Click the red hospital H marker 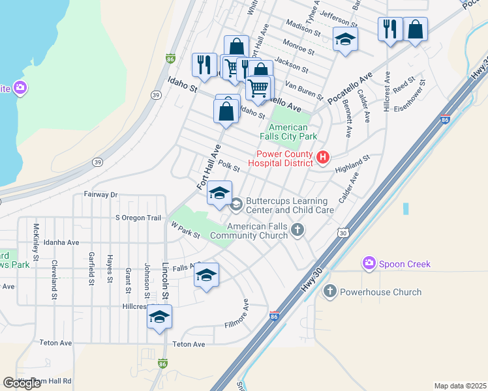322,157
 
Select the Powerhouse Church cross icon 330,292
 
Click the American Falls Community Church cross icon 297,229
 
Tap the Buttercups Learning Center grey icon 236,205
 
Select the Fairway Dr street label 100,194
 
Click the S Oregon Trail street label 138,218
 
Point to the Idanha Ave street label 61,242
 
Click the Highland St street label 352,163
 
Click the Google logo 22,383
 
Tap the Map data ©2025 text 460,386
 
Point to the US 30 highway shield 343,232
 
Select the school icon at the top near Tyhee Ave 345,39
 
